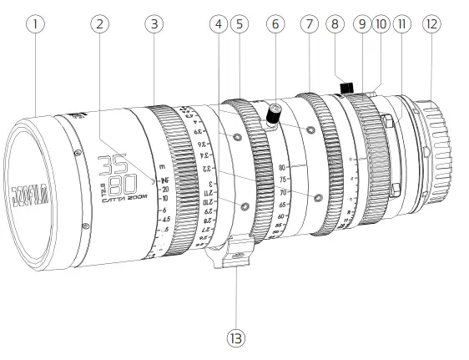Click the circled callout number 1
click(x=34, y=25)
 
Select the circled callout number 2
click(x=101, y=25)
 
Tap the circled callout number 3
click(x=153, y=25)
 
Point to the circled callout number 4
click(x=219, y=25)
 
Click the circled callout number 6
click(x=272, y=25)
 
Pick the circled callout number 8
click(x=336, y=25)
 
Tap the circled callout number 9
click(x=362, y=25)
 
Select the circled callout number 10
click(x=381, y=25)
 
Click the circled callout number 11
click(x=401, y=25)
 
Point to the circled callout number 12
click(x=431, y=25)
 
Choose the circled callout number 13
click(x=237, y=338)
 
